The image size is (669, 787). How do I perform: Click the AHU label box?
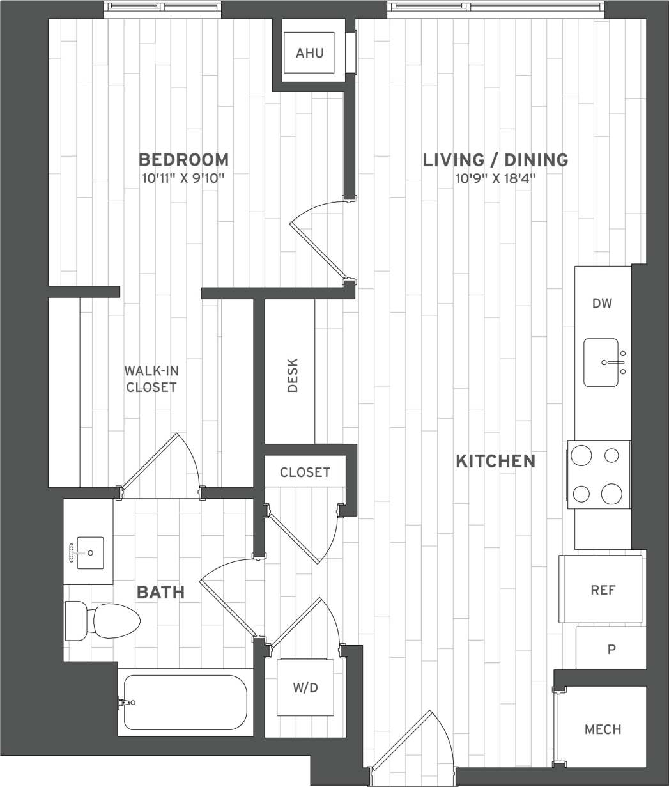(x=310, y=52)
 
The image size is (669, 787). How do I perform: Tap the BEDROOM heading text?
(x=183, y=159)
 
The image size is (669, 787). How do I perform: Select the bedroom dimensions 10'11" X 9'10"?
(x=183, y=177)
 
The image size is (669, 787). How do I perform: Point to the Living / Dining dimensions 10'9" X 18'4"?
(x=495, y=177)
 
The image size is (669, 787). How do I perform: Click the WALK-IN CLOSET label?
(x=151, y=378)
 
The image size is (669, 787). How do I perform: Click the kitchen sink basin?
(x=601, y=362)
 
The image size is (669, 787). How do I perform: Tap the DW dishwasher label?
(x=602, y=304)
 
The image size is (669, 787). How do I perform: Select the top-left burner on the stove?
(x=581, y=456)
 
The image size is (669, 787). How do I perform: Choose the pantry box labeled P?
(x=611, y=649)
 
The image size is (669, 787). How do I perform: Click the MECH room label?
(x=603, y=729)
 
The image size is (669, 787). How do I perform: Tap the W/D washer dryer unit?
(x=305, y=688)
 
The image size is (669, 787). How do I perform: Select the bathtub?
(x=185, y=702)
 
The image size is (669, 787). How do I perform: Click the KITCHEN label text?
(x=495, y=461)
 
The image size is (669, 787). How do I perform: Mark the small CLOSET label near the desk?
(x=305, y=472)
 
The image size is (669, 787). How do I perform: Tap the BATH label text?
(x=160, y=593)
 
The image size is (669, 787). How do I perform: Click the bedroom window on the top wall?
(x=162, y=8)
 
